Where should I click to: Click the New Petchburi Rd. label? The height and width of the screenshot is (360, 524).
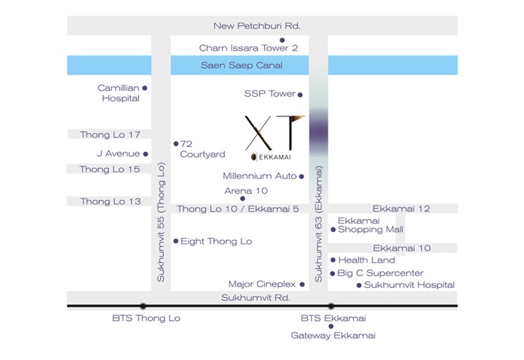(257, 25)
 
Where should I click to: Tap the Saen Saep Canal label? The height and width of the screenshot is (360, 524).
(242, 65)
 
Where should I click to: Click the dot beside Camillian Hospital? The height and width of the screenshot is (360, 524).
(145, 88)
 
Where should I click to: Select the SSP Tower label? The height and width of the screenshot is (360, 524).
(270, 94)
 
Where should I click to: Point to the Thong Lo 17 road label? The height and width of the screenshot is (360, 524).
(110, 135)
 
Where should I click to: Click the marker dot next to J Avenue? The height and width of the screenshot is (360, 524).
(146, 154)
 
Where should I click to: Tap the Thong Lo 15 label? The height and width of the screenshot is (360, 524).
(110, 169)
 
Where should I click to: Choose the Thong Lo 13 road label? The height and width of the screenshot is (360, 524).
(111, 201)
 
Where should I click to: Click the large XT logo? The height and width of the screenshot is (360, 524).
(274, 133)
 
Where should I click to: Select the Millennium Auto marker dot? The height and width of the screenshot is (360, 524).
(301, 177)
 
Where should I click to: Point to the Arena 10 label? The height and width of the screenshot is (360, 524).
(246, 191)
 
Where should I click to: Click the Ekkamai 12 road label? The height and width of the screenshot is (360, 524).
(401, 209)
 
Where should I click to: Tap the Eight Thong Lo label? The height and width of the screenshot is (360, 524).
(216, 241)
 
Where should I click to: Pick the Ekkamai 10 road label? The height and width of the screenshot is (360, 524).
(402, 248)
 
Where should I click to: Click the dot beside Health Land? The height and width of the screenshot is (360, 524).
(333, 260)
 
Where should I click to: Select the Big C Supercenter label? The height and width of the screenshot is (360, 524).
(381, 273)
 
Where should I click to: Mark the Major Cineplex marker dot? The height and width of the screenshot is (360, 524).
(302, 284)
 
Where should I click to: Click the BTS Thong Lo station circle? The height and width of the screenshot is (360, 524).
(143, 306)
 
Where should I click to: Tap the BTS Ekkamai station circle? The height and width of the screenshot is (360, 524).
(331, 306)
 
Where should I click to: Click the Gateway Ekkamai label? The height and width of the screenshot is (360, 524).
(333, 335)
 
